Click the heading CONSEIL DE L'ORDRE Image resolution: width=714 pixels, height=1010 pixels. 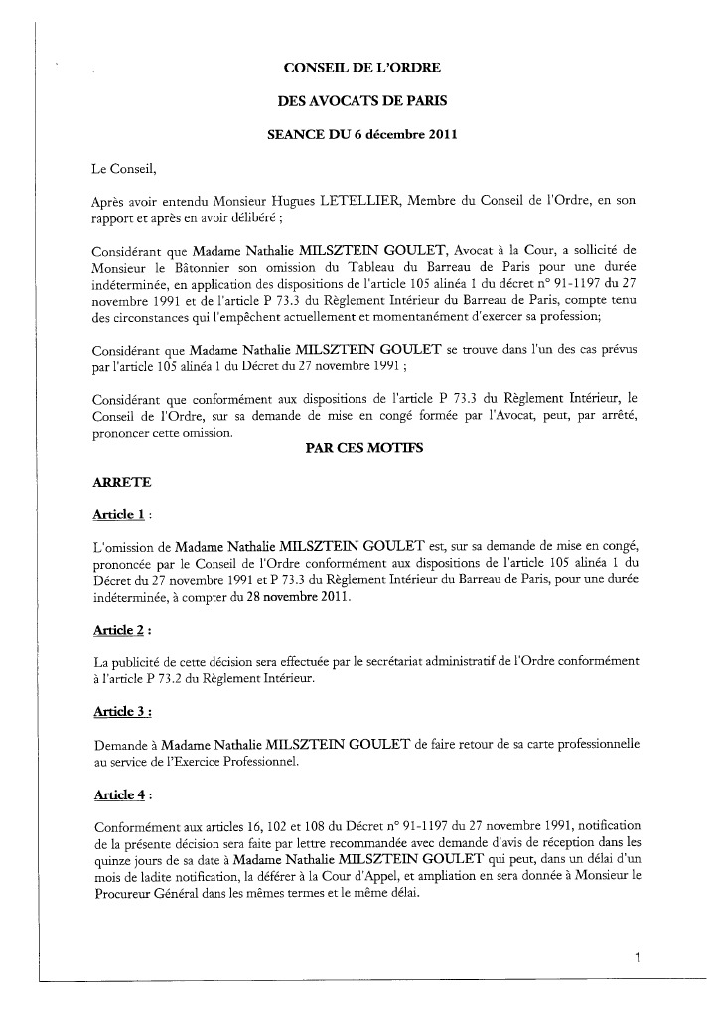[x=361, y=68]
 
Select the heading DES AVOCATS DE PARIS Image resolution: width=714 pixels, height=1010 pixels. [x=361, y=101]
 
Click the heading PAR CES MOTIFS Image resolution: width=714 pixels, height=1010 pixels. [x=361, y=448]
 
